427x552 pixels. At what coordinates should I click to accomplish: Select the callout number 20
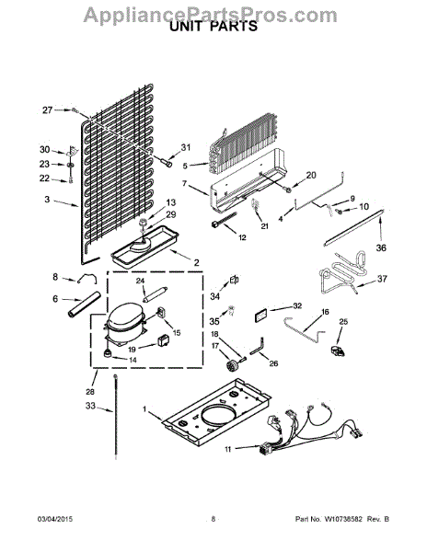click(x=310, y=175)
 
